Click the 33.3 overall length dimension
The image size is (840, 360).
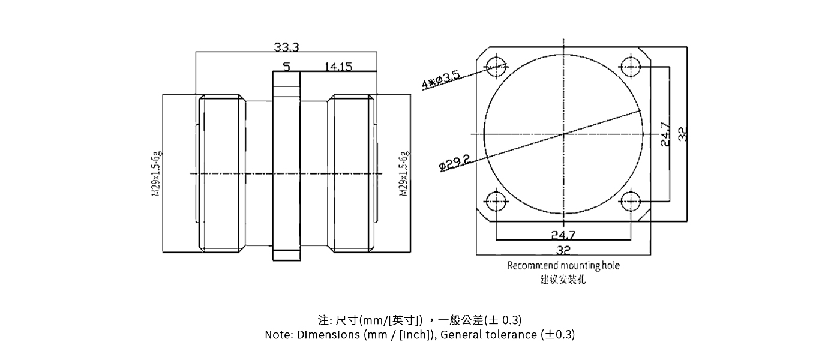[286, 47]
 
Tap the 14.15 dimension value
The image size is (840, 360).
[338, 67]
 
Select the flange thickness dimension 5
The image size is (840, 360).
[286, 67]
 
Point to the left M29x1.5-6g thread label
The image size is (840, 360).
[157, 174]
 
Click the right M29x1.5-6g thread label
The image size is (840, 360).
[404, 174]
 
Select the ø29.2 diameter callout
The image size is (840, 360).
[454, 163]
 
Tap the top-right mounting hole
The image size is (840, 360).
[631, 66]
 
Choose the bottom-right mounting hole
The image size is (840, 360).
[631, 201]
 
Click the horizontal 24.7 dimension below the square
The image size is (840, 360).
[563, 235]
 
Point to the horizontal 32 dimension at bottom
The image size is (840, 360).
[563, 250]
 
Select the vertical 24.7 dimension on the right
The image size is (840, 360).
[665, 134]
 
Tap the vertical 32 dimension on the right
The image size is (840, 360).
[682, 134]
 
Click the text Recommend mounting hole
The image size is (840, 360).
[563, 265]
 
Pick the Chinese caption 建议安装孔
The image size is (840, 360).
[563, 280]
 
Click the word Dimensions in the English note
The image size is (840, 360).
[329, 335]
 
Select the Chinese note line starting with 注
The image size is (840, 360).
[419, 319]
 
